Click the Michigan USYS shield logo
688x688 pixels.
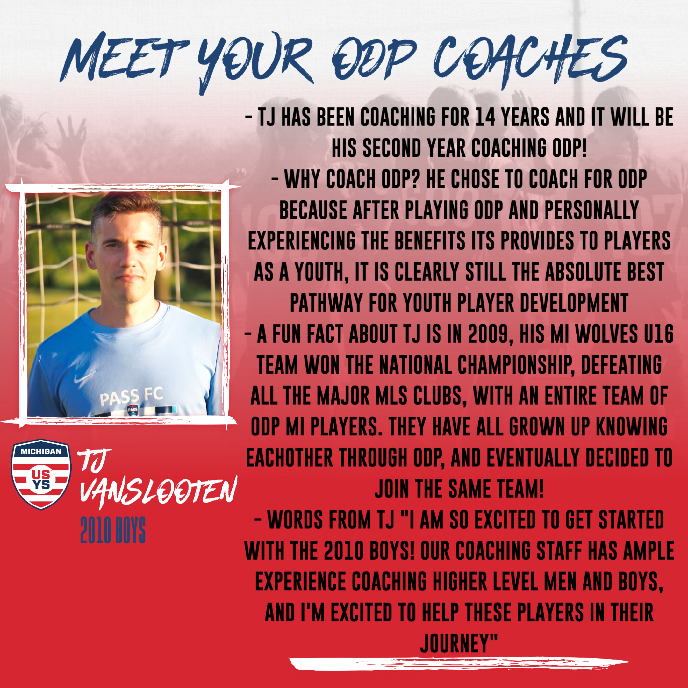point(41,474)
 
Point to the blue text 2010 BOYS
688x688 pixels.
point(113,530)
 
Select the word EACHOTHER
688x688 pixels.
point(289,459)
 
